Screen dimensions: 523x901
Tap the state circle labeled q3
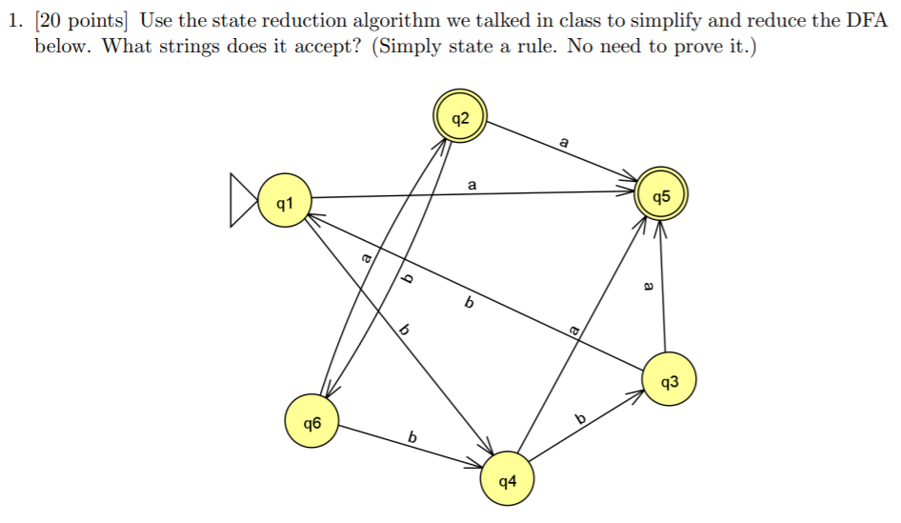pyautogui.click(x=670, y=382)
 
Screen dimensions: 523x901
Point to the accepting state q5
pyautogui.click(x=662, y=197)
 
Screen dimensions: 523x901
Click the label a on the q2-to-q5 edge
pyautogui.click(x=564, y=142)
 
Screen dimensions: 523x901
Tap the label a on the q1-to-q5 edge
pyautogui.click(x=471, y=183)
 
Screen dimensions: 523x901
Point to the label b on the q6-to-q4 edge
pyautogui.click(x=412, y=437)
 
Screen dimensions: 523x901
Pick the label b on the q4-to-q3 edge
pyautogui.click(x=579, y=419)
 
